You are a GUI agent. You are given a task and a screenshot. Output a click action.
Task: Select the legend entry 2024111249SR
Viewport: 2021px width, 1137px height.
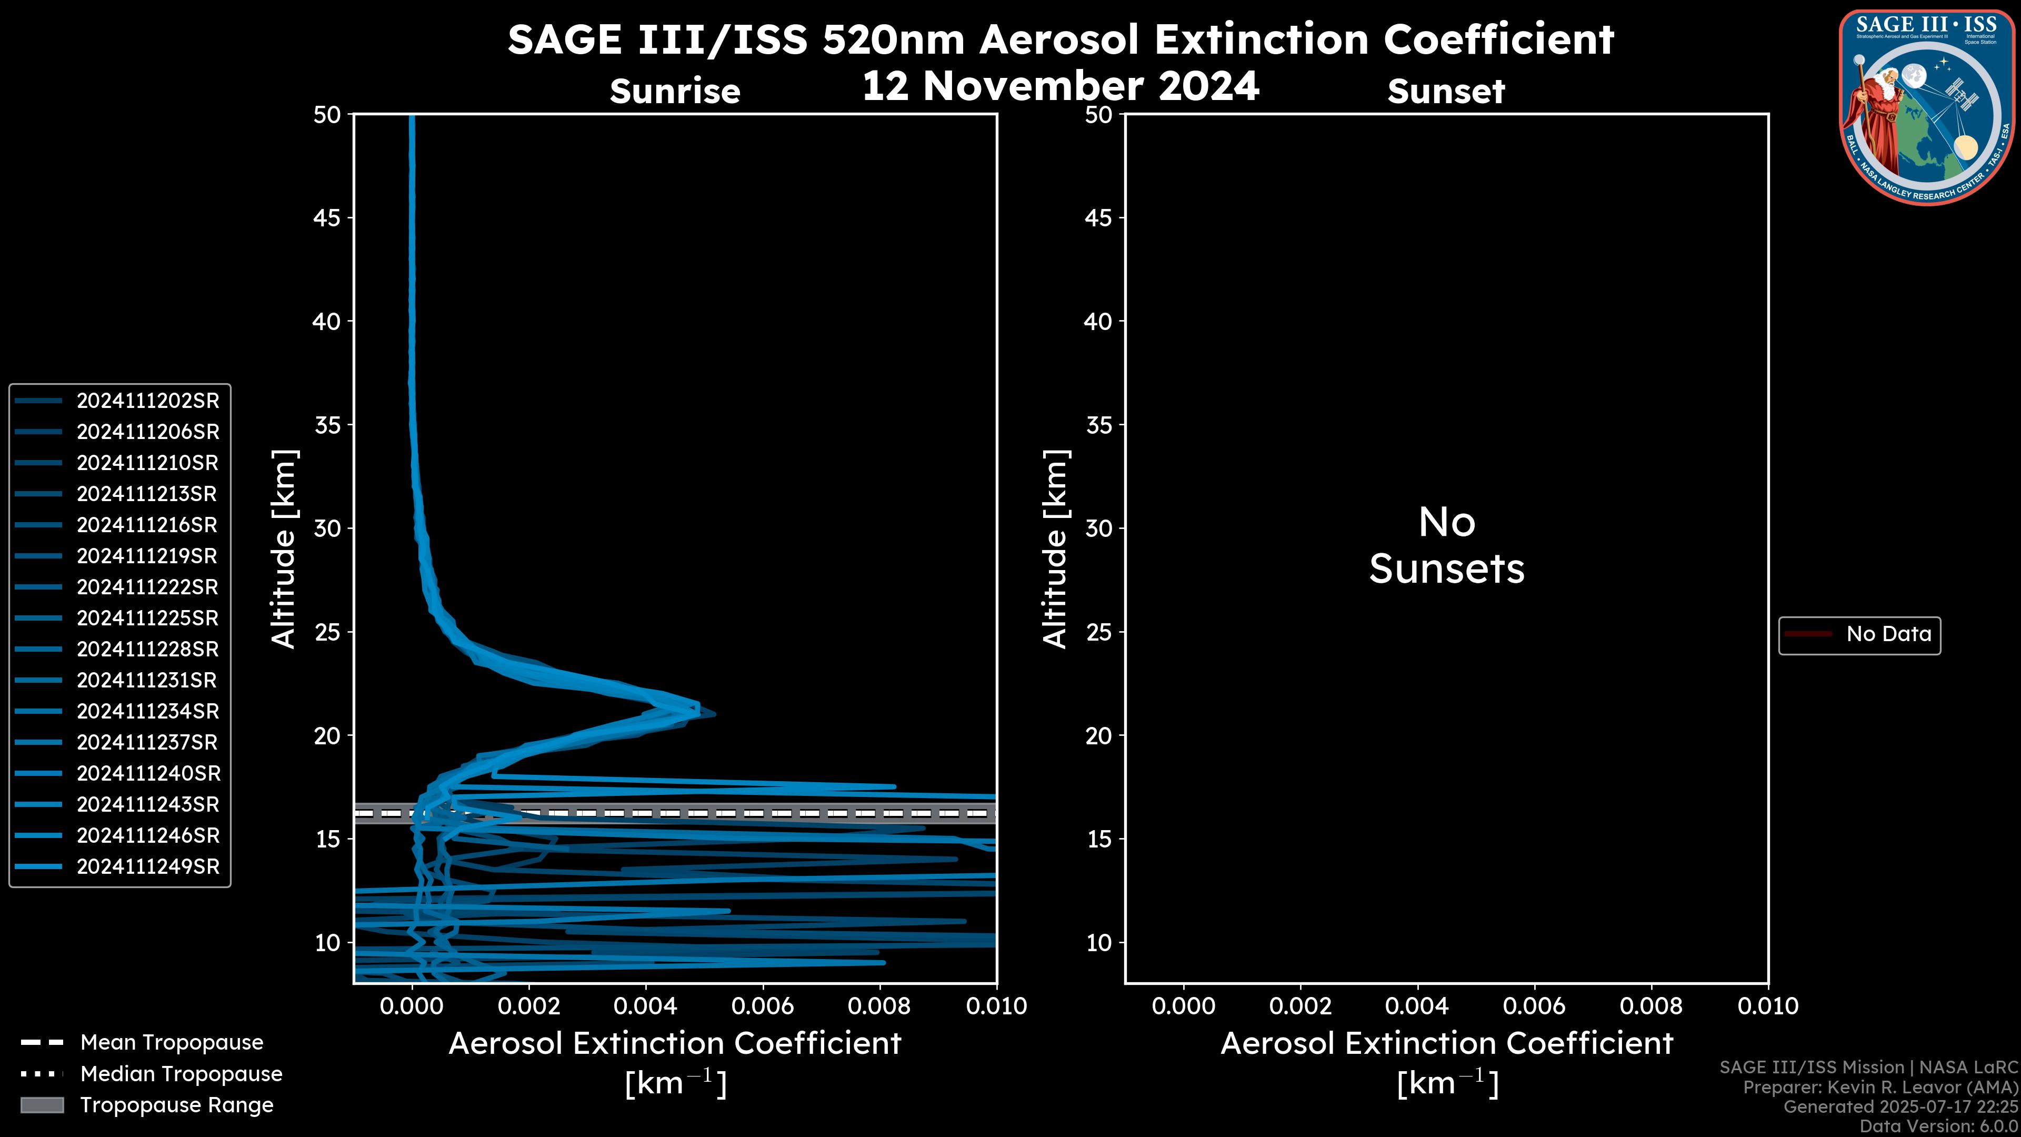tap(147, 867)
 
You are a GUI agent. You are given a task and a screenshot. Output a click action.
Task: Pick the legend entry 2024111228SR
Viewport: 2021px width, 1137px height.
tap(147, 650)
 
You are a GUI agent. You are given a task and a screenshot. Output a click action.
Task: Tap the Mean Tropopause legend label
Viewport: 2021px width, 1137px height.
tap(172, 1043)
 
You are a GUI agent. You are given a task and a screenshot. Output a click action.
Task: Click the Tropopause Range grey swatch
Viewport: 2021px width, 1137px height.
tap(42, 1105)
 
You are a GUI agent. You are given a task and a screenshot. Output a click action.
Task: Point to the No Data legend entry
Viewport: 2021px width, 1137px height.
tap(1888, 634)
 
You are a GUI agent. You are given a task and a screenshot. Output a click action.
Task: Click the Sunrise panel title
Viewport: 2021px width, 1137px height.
tap(675, 92)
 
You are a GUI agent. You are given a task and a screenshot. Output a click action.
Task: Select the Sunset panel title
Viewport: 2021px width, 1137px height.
tap(1446, 92)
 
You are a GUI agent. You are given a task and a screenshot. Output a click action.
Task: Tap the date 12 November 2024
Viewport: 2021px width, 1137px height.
tap(1060, 85)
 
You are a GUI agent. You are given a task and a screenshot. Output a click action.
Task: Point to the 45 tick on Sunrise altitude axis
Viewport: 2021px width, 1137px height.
tap(327, 218)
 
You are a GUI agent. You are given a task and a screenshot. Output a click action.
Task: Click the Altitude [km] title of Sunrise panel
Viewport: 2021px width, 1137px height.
tap(283, 549)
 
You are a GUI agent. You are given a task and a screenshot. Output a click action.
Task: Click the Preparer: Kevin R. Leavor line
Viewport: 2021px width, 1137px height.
tap(1880, 1088)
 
